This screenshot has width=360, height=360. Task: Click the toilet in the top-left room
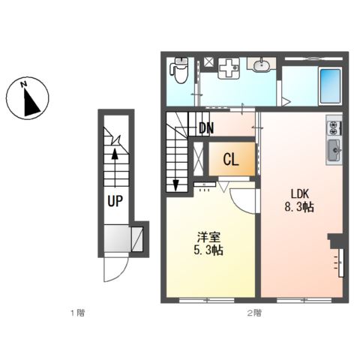178,70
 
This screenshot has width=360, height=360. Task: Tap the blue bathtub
330,86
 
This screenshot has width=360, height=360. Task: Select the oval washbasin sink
262,66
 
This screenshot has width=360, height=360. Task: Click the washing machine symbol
229,68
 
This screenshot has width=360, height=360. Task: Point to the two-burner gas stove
334,127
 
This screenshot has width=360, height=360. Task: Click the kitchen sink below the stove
334,151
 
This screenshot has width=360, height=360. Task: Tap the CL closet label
231,160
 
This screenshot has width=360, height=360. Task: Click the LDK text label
300,193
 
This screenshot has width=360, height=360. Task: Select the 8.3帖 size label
299,207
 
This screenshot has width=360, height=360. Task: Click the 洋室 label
208,238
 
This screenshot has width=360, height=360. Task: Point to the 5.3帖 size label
208,250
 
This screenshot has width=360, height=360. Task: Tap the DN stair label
206,128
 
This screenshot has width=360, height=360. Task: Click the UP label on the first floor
115,201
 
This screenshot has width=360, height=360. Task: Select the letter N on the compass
24,84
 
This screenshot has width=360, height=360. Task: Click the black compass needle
31,103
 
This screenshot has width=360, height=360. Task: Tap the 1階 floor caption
77,313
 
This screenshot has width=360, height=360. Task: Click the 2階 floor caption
254,313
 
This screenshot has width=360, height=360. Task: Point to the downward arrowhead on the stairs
176,185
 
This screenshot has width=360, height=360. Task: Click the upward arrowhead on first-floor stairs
115,154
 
